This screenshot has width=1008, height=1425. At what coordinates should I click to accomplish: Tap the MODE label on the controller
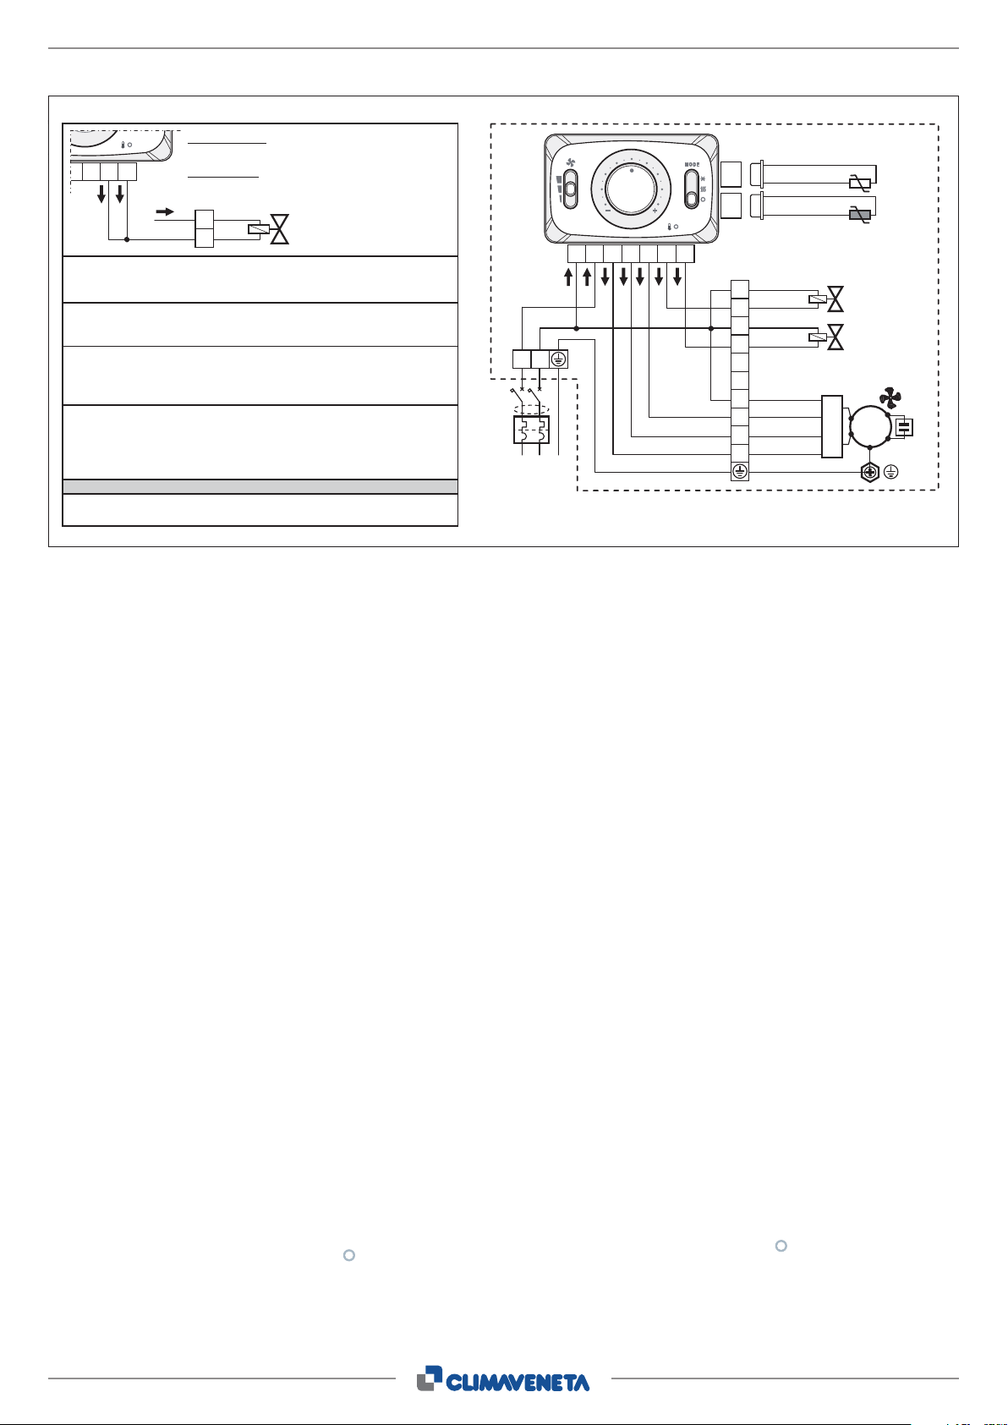[692, 164]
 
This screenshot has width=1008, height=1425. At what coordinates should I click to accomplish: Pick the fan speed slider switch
[569, 188]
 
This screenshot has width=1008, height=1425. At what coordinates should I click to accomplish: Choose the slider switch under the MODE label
[692, 192]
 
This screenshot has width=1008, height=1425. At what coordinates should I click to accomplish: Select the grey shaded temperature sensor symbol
[859, 216]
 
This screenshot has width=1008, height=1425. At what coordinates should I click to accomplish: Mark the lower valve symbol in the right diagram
[835, 337]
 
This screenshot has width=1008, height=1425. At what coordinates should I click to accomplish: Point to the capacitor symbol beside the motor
[904, 428]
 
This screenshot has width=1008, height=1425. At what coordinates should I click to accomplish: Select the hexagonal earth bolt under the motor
[868, 473]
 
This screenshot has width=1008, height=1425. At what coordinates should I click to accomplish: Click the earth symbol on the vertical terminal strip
[740, 472]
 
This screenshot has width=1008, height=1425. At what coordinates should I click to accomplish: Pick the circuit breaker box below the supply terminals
[531, 430]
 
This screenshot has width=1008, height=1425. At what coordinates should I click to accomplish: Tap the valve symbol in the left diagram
[278, 229]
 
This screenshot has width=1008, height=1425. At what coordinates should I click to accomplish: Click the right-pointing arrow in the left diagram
[166, 211]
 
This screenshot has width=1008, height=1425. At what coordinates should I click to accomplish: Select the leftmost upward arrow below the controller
[568, 277]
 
